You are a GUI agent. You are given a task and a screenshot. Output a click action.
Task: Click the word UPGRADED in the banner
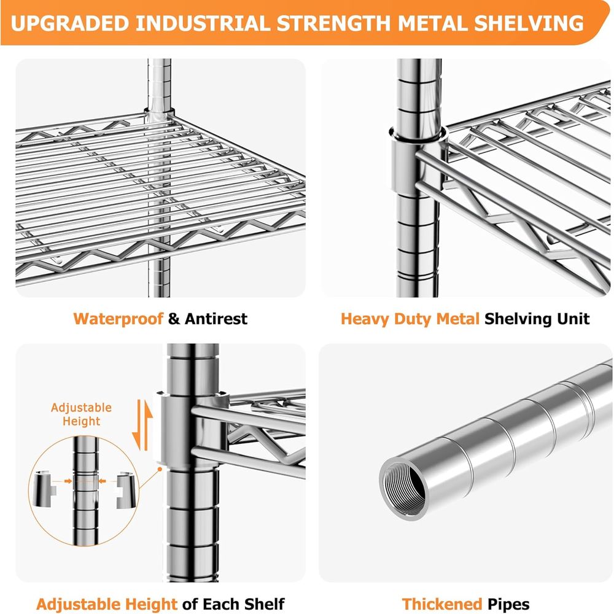click(70, 23)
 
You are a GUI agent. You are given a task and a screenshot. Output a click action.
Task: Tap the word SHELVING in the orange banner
click(529, 23)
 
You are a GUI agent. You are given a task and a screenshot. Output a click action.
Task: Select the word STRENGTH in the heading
click(333, 23)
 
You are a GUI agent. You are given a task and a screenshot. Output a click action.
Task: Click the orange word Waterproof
click(119, 319)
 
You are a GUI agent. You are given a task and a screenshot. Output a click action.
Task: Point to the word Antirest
click(216, 319)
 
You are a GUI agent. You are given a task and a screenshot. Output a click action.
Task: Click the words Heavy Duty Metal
click(410, 319)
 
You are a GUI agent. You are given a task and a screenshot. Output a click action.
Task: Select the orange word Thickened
click(441, 604)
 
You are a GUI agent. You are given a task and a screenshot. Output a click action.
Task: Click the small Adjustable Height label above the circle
click(82, 414)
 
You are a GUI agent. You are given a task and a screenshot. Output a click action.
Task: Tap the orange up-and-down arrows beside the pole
click(142, 426)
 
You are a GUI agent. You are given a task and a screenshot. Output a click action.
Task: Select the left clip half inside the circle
click(44, 489)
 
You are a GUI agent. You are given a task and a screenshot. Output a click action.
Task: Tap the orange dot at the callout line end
click(160, 468)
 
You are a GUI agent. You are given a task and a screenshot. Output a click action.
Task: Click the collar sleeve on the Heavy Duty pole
click(418, 161)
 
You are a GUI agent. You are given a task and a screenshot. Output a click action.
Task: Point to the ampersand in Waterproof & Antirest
click(174, 319)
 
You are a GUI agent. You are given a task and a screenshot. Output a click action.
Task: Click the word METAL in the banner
click(432, 23)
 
